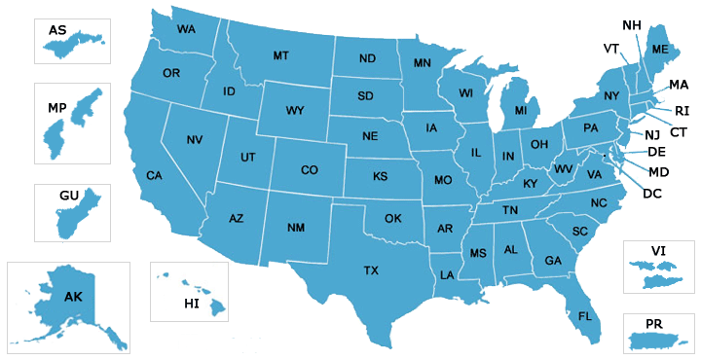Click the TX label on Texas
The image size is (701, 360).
371,270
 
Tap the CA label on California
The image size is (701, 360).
154,176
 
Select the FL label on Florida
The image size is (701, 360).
585,316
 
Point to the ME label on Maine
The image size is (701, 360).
659,50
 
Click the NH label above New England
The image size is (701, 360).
631,24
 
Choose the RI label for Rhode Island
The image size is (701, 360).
682,111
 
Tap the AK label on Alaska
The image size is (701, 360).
74,296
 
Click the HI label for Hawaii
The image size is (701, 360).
192,305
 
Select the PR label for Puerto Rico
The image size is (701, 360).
655,323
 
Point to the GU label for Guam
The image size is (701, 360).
68,197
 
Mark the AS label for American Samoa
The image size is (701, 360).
58,31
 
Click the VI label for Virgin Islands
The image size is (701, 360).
658,251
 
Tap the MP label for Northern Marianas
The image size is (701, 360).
57,106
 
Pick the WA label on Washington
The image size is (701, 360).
185,30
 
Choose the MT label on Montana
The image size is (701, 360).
281,55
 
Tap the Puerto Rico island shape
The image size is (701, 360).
656,341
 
